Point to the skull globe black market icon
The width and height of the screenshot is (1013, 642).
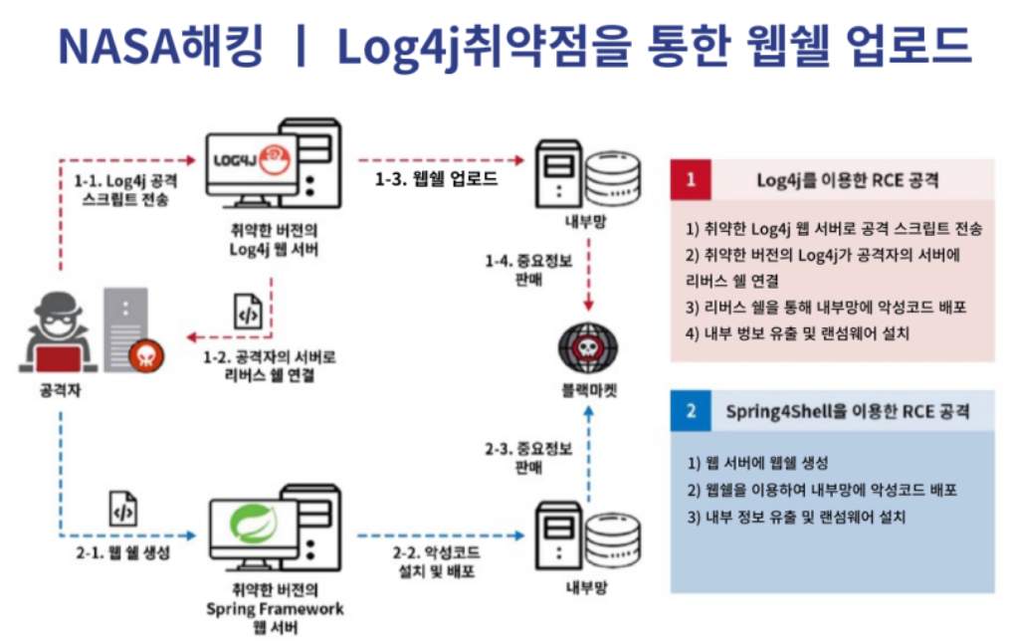[x=587, y=347]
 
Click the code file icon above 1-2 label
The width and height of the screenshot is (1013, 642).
[x=248, y=312]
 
